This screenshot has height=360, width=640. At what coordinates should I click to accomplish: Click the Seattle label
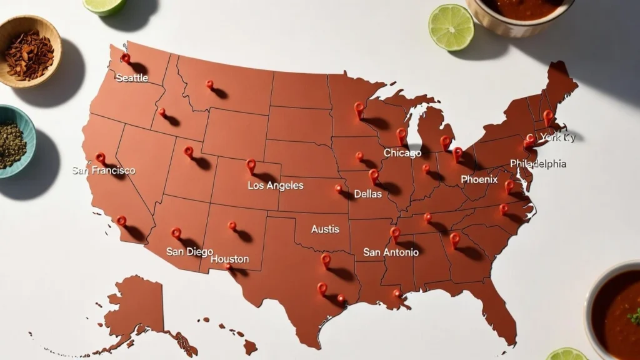coord(132,77)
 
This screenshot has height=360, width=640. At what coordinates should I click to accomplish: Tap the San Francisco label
coord(103,170)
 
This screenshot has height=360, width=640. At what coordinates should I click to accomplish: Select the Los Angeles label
coord(275,186)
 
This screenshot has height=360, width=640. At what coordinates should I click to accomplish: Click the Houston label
coord(229,259)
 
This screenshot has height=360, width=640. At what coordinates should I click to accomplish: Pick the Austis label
coord(325,229)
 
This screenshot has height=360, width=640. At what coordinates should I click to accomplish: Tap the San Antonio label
coord(391,252)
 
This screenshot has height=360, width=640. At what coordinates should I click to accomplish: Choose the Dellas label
coord(367,194)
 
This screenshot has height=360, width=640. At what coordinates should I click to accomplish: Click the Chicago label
coord(402,153)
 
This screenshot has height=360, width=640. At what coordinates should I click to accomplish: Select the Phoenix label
coord(479,179)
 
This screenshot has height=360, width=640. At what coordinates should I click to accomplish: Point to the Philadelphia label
coord(537,164)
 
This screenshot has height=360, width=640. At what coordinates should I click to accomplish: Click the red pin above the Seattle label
coord(125,58)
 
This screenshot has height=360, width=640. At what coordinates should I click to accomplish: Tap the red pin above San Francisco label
coord(99,157)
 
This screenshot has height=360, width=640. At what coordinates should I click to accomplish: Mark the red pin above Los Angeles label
coord(251,165)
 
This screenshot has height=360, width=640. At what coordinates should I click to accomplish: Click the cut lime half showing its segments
coord(451,27)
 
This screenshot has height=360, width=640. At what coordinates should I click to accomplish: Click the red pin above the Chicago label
coord(401,134)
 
